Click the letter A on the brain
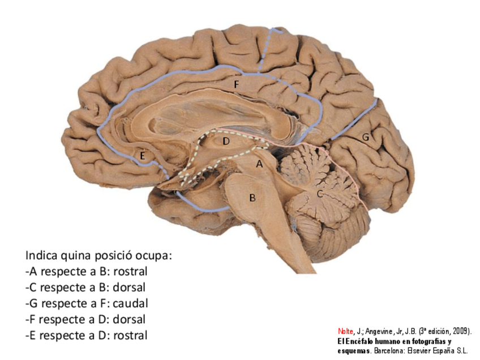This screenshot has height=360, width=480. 260,164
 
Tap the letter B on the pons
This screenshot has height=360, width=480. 252,198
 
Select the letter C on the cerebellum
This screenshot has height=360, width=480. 320,194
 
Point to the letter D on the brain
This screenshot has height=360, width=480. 225,141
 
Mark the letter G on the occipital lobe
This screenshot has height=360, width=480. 366,136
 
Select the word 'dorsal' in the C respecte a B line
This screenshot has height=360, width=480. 129,287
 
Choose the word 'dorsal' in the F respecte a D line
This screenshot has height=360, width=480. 129,319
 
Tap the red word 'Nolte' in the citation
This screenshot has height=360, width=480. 345,331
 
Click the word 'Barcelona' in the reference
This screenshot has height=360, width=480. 383,350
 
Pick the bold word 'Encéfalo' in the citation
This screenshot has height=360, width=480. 360,341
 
